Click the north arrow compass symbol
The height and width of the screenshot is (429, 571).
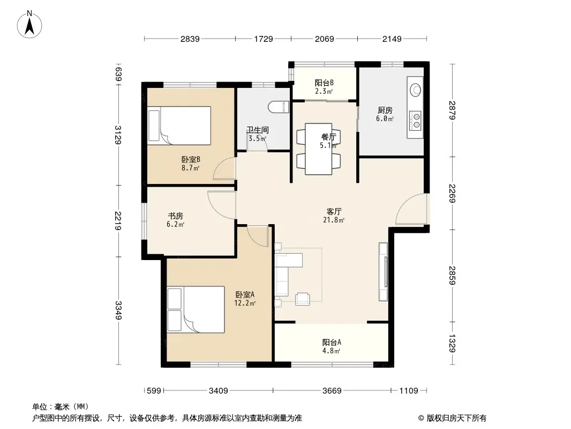(29, 25)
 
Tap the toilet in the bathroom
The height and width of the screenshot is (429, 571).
(279, 107)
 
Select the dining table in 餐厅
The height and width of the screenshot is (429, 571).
(319, 149)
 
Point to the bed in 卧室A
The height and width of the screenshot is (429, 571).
(196, 309)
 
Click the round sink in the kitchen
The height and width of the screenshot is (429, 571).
(416, 90)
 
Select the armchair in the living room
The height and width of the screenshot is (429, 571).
(302, 299)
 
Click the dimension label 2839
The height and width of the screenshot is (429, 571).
(190, 39)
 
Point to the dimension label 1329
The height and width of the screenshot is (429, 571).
(452, 343)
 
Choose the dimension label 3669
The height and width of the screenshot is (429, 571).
(332, 391)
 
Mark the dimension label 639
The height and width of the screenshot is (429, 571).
(118, 74)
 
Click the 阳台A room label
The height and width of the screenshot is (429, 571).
(332, 342)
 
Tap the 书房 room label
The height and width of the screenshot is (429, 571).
(175, 216)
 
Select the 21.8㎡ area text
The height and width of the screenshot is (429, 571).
(334, 220)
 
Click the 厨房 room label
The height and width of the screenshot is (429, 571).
(385, 110)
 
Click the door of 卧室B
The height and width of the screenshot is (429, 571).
(224, 168)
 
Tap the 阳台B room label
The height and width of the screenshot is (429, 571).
(324, 83)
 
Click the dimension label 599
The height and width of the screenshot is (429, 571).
(154, 391)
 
